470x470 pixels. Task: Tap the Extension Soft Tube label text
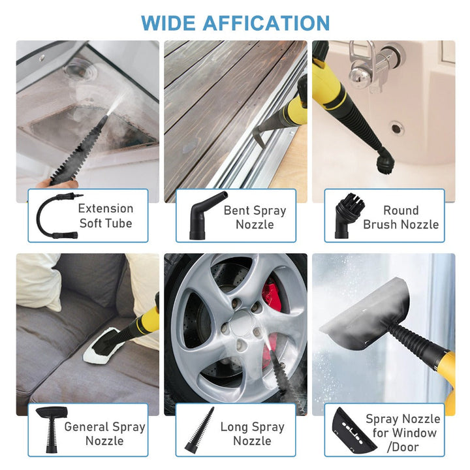[105, 216]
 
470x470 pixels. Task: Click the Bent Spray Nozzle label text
[255, 217]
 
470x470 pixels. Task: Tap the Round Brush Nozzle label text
[400, 217]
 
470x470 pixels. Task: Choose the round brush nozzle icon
[349, 215]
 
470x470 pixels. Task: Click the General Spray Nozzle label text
[104, 433]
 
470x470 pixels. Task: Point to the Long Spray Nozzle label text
[252, 433]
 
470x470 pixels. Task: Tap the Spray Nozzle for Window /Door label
[402, 433]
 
